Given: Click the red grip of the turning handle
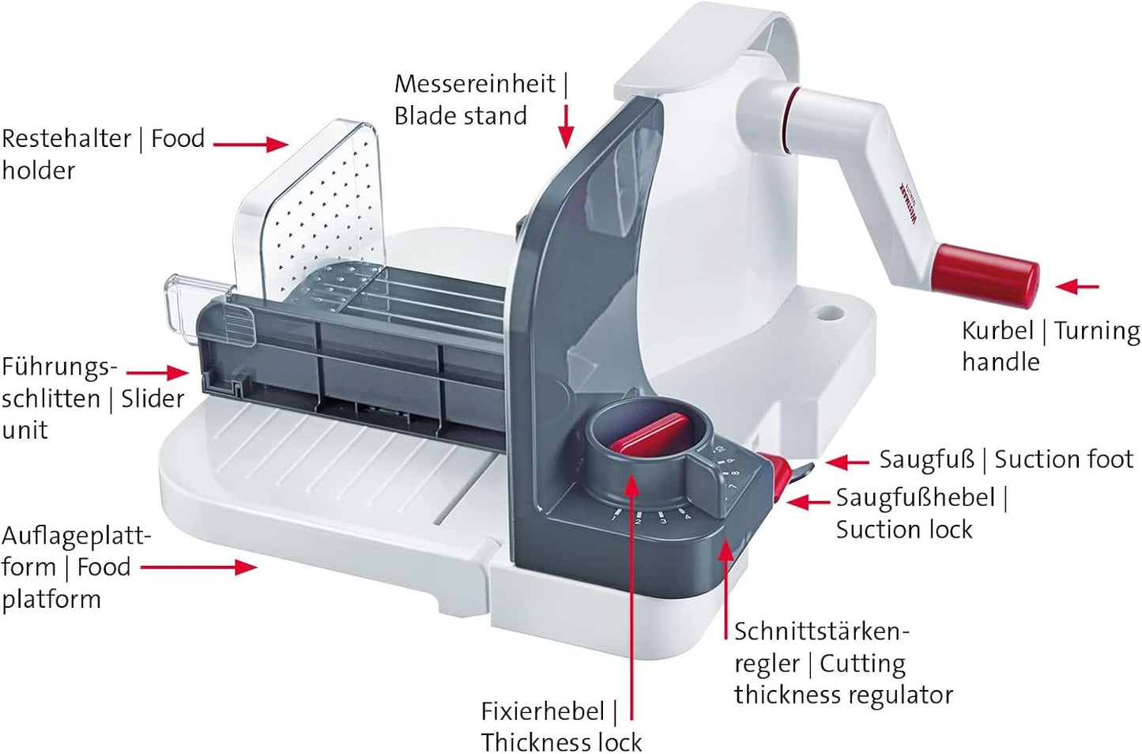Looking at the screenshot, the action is [985, 276].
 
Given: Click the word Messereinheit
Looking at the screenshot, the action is [475, 84].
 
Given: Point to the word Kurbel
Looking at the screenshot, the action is [997, 331].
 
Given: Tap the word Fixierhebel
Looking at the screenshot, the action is [543, 711].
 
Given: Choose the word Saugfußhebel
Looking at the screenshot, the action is [916, 498].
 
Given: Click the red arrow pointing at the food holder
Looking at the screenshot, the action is [251, 145].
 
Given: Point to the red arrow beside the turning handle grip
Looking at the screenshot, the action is [1076, 287].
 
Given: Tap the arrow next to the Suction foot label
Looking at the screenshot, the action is [847, 462].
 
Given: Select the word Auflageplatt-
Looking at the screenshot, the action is [77, 536].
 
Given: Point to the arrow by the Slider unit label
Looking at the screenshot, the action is [157, 373].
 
